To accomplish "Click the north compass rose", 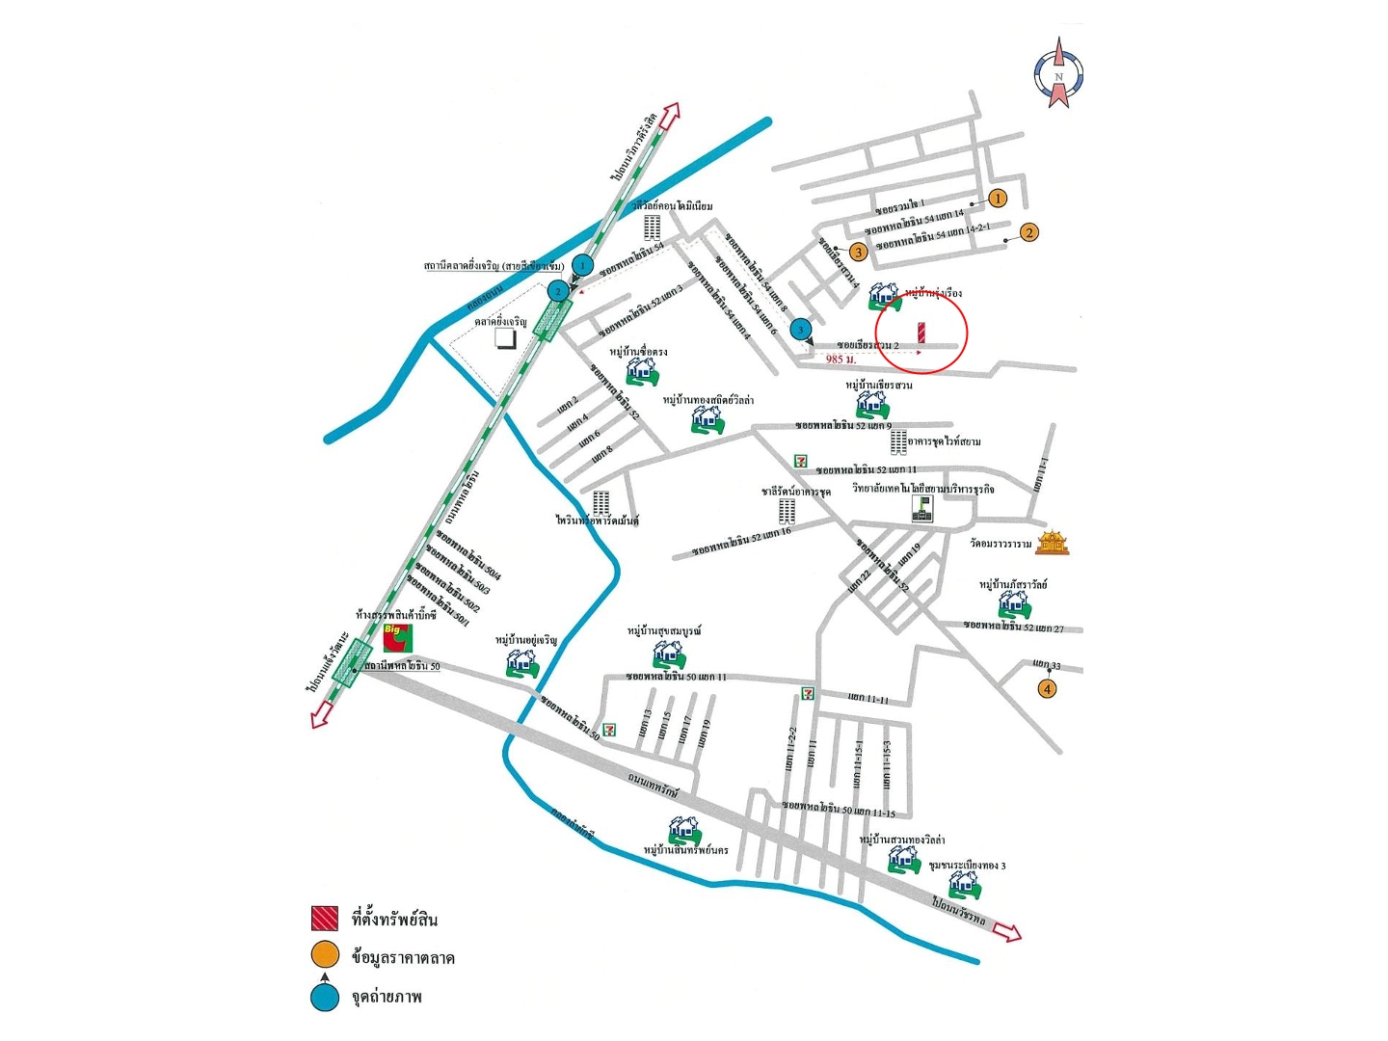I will [1058, 73].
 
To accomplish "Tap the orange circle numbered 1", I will [998, 199].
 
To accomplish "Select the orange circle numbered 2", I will [1029, 232].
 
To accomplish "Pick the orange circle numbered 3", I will [858, 253].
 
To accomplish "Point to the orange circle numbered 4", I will [1047, 688].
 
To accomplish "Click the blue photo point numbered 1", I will [582, 264].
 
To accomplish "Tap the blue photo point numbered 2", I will [557, 290].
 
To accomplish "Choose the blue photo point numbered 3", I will [800, 331].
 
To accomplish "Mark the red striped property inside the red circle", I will [921, 332].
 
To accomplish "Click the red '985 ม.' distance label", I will [841, 360].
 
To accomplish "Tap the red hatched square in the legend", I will [325, 919].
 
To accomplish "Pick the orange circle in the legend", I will [325, 955].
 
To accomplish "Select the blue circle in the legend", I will [325, 998].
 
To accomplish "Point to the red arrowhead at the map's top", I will [670, 112].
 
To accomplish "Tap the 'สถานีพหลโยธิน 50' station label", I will [403, 666].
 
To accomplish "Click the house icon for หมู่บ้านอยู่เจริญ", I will [521, 662].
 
